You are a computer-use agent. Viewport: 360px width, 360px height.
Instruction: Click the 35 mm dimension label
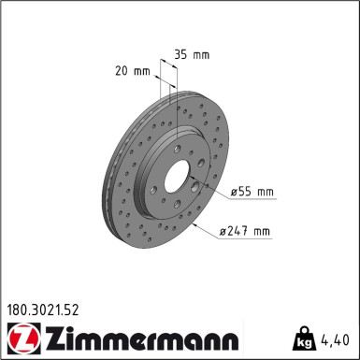tap(192, 53)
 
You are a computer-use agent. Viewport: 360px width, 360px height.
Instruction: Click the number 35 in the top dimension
tap(182, 53)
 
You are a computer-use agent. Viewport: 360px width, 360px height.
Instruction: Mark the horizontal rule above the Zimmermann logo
tap(180, 320)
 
